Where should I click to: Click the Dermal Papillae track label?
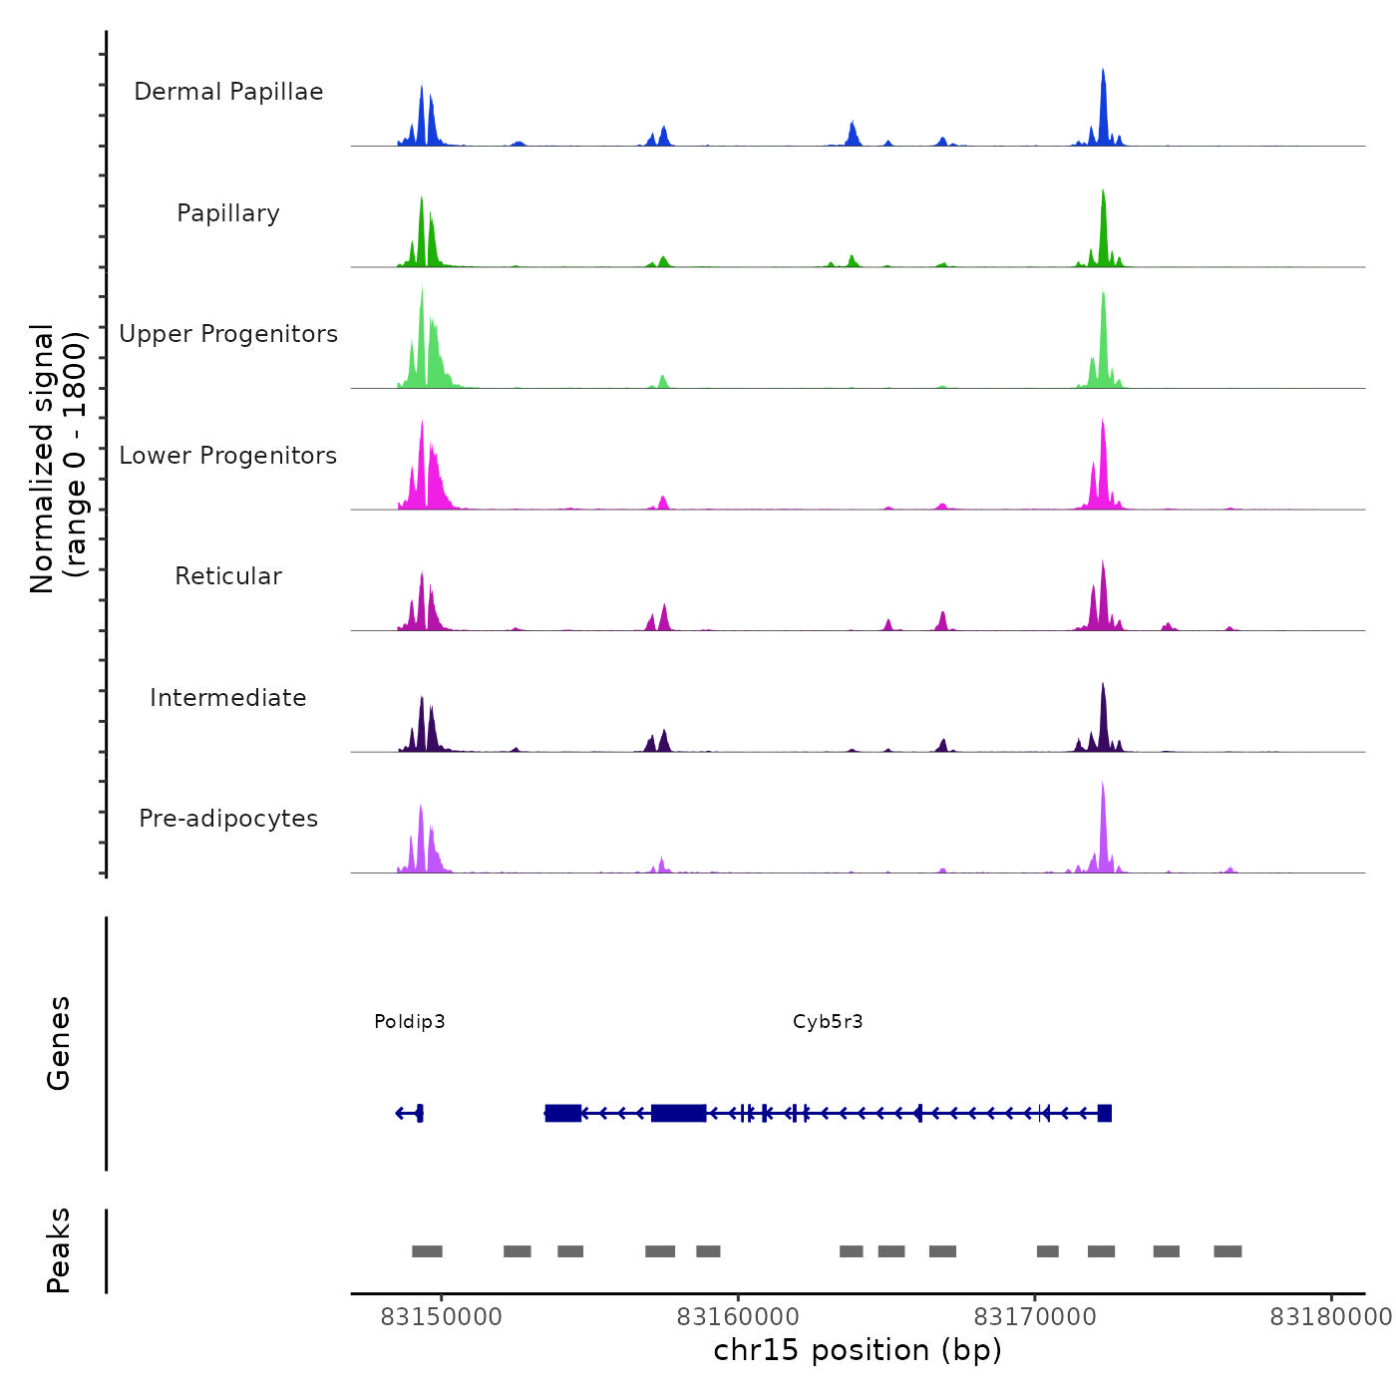(x=228, y=92)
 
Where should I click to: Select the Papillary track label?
(x=228, y=213)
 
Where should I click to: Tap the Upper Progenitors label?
(x=228, y=334)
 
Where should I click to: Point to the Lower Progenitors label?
(x=228, y=456)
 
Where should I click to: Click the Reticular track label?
(x=228, y=576)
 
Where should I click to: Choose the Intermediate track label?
(x=228, y=698)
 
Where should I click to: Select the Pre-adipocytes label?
(x=228, y=819)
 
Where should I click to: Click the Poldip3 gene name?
(x=410, y=1021)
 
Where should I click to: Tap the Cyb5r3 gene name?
(x=828, y=1021)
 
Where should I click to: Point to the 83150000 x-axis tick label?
(x=442, y=1316)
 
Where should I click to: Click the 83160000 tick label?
(x=738, y=1316)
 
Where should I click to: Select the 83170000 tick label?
(x=1035, y=1316)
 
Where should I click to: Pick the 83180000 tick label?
(x=1330, y=1316)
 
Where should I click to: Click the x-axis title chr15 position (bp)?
(x=858, y=1350)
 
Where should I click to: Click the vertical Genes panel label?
(x=59, y=1043)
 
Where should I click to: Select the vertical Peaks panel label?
(x=59, y=1250)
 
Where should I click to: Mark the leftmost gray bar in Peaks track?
(x=427, y=1251)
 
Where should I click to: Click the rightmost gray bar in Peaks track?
(x=1227, y=1251)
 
